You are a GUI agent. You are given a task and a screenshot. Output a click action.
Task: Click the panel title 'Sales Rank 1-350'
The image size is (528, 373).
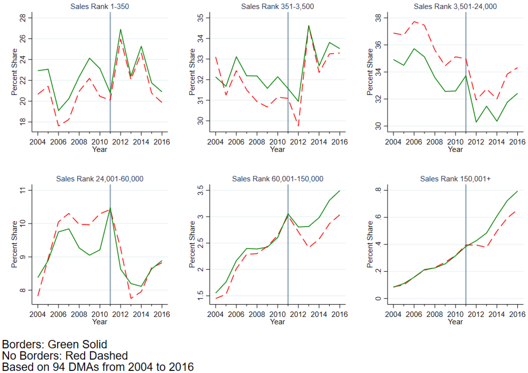[x=100, y=6]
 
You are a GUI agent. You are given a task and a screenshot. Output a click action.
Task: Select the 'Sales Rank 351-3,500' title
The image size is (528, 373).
[x=277, y=6]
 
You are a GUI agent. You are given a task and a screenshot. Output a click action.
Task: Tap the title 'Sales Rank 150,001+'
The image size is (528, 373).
[x=455, y=179]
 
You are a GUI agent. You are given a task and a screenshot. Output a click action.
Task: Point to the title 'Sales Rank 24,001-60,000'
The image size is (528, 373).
[x=100, y=179]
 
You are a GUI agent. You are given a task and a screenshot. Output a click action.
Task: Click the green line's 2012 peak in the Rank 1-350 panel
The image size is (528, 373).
[x=121, y=29]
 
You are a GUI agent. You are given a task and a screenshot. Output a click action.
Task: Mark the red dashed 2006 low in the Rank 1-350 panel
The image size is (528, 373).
[x=59, y=126]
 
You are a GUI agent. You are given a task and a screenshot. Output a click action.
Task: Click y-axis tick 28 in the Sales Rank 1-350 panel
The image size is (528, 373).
[x=23, y=18]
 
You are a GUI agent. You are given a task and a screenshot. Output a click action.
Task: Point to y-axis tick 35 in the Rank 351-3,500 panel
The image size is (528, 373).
[x=200, y=18]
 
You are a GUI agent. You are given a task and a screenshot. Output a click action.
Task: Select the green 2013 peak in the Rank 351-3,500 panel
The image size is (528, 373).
[x=309, y=26]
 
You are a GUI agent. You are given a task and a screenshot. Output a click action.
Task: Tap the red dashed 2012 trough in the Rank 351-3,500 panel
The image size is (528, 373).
[x=298, y=125]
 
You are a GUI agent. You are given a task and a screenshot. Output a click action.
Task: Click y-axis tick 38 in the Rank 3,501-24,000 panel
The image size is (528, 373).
[x=378, y=18]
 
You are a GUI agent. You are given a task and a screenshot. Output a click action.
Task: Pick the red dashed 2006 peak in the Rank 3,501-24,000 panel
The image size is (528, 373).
[x=414, y=22]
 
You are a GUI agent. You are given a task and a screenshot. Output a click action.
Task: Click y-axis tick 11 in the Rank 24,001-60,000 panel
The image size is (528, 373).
[x=23, y=190]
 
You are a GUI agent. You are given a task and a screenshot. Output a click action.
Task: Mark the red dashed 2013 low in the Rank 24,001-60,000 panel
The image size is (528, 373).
[x=131, y=298]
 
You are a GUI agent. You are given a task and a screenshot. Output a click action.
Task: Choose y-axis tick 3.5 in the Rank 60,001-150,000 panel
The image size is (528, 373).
[x=200, y=190]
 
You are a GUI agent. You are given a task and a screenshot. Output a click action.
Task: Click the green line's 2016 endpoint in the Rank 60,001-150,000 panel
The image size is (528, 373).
[x=339, y=191]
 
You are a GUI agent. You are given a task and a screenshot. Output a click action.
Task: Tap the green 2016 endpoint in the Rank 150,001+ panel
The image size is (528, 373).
[x=517, y=191]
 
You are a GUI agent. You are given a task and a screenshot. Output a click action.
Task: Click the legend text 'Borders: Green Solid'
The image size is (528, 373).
[x=55, y=344]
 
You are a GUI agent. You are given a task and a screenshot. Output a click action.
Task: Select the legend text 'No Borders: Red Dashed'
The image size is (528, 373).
[x=65, y=356]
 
